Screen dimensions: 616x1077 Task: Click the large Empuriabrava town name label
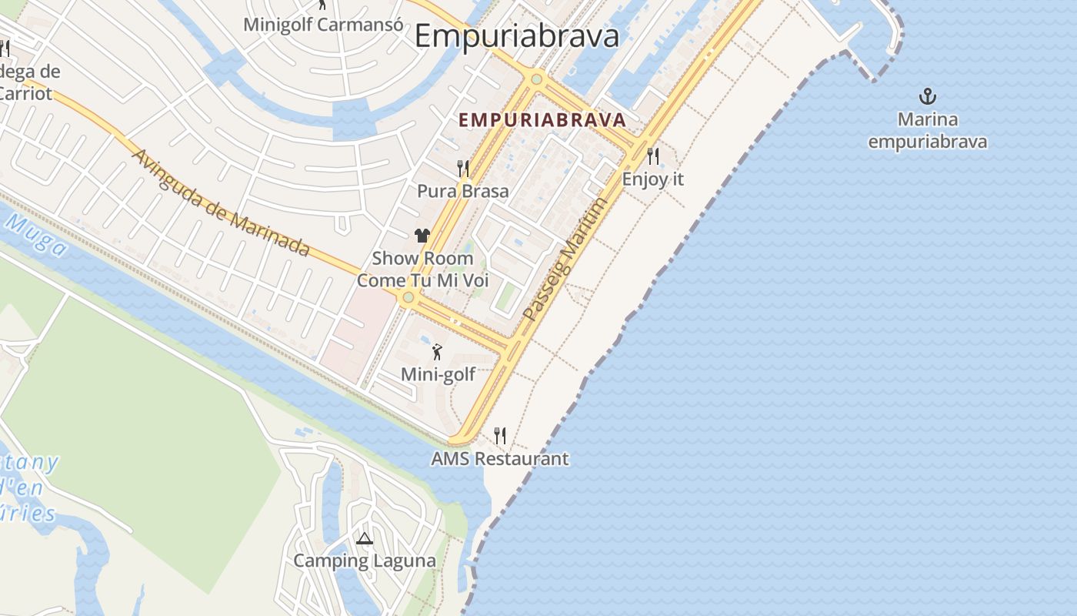516,36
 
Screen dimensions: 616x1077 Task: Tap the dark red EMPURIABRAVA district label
542,120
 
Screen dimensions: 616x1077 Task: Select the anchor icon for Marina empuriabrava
928,96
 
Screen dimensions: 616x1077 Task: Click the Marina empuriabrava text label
928,131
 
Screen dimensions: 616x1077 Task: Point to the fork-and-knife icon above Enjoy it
653,156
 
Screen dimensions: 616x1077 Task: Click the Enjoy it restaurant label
653,179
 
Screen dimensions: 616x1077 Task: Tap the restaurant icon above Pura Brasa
463,168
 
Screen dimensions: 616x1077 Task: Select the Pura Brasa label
463,191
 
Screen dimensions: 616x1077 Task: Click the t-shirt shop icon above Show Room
422,236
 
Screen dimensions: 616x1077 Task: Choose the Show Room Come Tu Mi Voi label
422,269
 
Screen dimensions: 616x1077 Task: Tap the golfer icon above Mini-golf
438,352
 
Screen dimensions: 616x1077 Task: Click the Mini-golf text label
438,375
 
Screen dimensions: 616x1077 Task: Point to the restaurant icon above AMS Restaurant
500,436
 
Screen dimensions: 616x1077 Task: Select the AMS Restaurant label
500,459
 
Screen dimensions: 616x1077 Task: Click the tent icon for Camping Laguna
365,537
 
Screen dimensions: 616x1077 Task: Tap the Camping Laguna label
365,561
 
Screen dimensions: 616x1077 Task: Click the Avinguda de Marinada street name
221,203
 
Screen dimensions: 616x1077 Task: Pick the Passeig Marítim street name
565,259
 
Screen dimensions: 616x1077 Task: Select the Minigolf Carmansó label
323,24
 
